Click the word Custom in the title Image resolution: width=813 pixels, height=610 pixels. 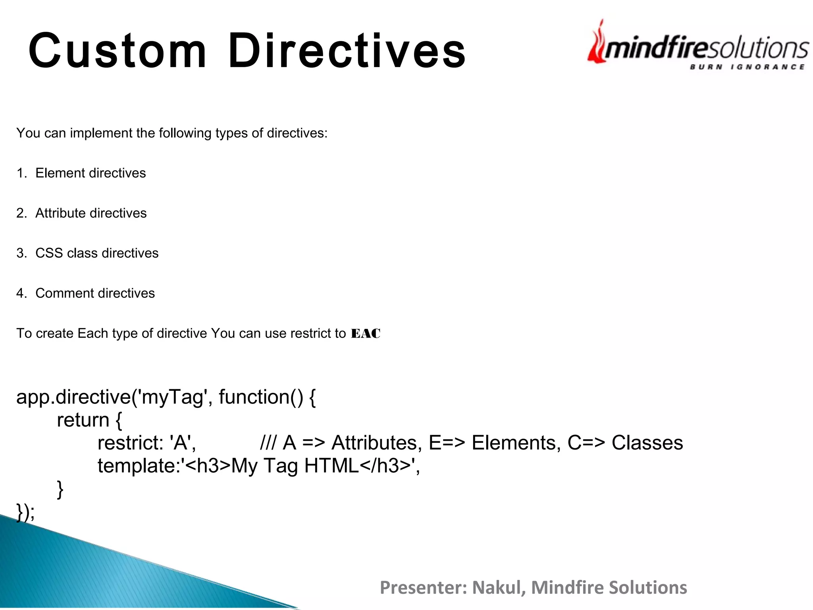coord(118,51)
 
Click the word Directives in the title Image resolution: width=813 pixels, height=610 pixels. coord(347,51)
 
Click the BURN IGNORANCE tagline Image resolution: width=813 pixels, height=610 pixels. coord(747,67)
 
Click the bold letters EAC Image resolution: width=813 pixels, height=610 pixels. coord(366,334)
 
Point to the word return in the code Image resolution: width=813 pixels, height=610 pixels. coord(83,420)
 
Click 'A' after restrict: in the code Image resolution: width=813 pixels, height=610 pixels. coord(181,443)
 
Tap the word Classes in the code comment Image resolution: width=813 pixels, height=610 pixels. coord(647,443)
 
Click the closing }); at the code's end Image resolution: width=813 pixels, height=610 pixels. coord(25,512)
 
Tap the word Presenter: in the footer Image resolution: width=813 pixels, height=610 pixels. coord(423,587)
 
